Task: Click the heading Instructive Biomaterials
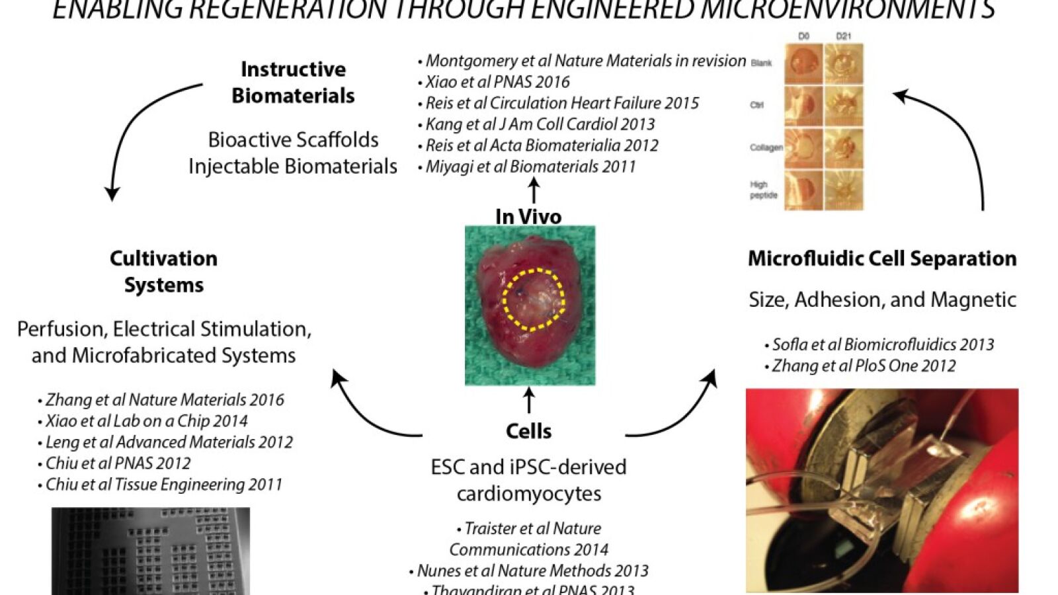(293, 83)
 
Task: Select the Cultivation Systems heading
(163, 272)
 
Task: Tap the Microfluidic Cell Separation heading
(882, 258)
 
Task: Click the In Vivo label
(528, 216)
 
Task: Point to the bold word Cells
(528, 431)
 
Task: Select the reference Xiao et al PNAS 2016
(497, 82)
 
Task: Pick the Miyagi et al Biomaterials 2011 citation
(530, 167)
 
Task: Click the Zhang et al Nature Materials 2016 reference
(165, 400)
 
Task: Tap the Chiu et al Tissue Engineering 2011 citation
(163, 485)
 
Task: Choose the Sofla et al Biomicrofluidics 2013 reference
(883, 344)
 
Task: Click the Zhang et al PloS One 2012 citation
(864, 366)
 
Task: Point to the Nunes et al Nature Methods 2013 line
(532, 571)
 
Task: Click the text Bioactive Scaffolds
(293, 139)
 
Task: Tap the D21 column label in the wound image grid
(843, 37)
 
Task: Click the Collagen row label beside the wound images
(766, 147)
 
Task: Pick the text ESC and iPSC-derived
(528, 467)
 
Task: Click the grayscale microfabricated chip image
(151, 551)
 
